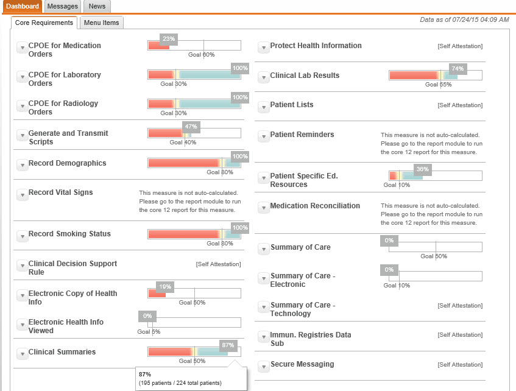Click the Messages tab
[63, 6]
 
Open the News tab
[97, 6]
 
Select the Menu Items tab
[102, 23]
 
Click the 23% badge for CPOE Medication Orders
[169, 39]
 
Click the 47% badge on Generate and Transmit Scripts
[191, 127]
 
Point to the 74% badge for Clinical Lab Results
[458, 69]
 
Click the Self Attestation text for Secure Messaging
[460, 364]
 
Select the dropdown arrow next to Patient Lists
[263, 107]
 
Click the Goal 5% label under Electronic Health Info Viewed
[149, 332]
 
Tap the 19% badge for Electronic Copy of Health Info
[165, 286]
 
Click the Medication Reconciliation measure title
[315, 206]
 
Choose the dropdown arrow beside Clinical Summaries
[22, 354]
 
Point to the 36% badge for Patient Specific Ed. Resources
[422, 169]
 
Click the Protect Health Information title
[316, 46]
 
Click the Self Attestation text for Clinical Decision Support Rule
[218, 264]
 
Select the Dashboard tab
[23, 6]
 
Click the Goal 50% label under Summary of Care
[433, 256]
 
